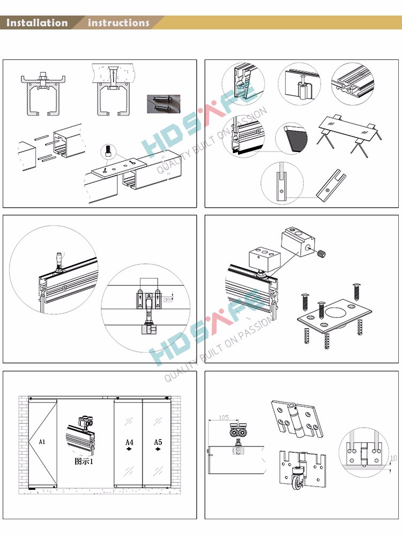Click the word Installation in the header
pos(37,23)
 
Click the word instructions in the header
pos(118,23)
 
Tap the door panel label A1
pos(42,442)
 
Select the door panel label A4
pos(129,442)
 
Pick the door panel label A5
pos(158,442)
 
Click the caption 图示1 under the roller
pos(84,461)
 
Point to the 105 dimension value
pos(224,418)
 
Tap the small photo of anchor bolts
pos(163,103)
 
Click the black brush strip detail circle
pos(292,140)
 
